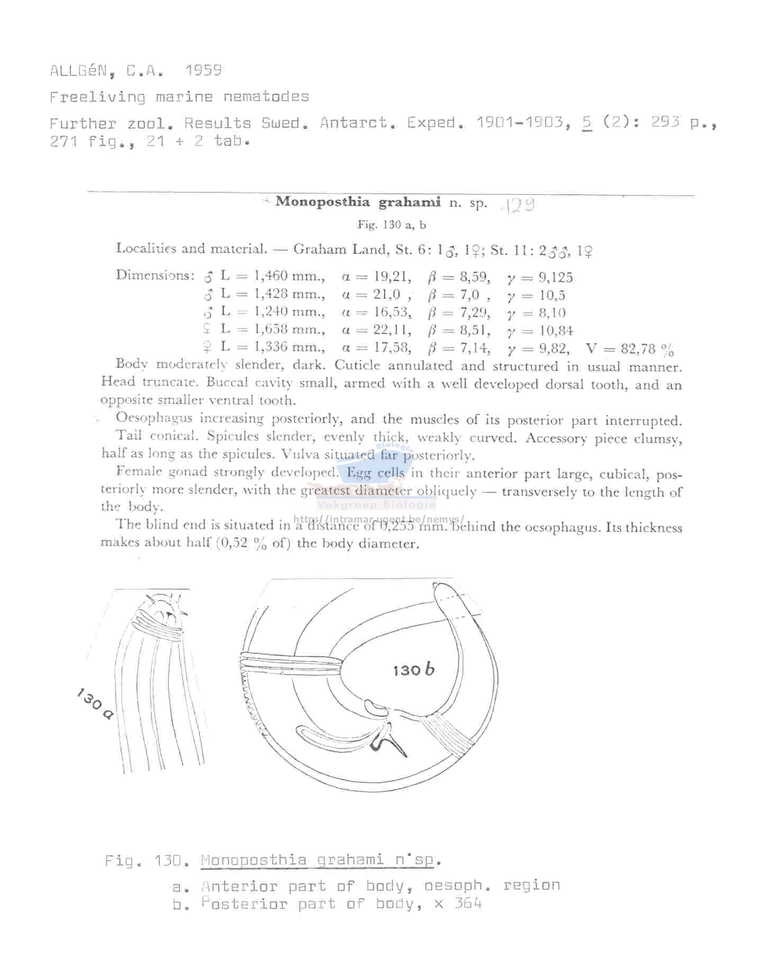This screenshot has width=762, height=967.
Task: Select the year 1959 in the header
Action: point(203,70)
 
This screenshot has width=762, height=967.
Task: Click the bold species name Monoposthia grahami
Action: point(358,202)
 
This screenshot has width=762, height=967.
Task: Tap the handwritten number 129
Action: point(517,205)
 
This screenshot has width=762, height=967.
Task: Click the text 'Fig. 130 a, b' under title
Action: point(391,225)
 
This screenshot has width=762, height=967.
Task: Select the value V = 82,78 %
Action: point(630,349)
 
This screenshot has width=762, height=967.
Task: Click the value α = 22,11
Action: point(376,330)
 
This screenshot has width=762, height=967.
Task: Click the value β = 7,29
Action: point(459,312)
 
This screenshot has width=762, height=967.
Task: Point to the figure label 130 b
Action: point(414,670)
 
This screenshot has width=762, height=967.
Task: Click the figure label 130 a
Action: point(95,704)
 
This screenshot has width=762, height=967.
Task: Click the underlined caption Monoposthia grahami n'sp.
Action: point(320,859)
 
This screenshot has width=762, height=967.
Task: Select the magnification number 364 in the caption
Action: point(468,903)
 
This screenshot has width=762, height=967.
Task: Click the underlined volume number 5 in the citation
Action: point(586,123)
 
